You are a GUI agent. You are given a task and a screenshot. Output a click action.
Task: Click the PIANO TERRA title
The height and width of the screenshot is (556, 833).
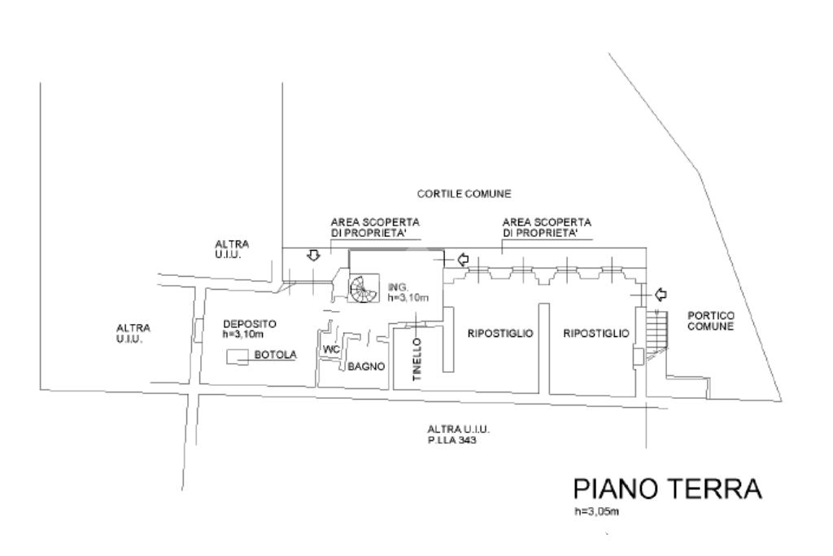[x=668, y=488]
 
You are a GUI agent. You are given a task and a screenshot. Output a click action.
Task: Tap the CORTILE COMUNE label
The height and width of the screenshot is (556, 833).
[x=464, y=194]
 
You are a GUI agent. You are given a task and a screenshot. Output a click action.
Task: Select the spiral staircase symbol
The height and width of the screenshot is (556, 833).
[x=364, y=289]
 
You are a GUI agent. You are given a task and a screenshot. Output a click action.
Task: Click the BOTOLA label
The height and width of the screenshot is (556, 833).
[x=275, y=355]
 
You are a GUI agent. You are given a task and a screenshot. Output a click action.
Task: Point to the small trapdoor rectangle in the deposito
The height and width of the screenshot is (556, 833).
[x=238, y=357]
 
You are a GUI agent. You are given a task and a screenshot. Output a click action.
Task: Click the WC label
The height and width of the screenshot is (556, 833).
[x=331, y=350]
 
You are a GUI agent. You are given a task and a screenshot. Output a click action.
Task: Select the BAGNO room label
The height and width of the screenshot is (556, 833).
[x=366, y=367]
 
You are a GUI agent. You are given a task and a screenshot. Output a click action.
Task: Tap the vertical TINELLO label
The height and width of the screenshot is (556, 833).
[x=416, y=359]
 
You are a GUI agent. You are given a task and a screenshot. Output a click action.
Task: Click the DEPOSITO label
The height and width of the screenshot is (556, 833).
[x=249, y=329]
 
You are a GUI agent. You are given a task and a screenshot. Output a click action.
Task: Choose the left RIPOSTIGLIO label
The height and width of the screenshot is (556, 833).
[x=500, y=333]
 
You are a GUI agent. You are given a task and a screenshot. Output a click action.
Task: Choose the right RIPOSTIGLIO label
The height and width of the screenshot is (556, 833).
[x=596, y=333]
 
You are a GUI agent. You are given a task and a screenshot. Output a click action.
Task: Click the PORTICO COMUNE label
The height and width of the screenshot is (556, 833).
[x=710, y=321]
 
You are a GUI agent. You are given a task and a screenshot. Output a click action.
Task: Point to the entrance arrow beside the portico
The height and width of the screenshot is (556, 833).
[x=661, y=293]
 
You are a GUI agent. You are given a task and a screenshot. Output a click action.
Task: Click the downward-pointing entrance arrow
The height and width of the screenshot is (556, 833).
[x=314, y=256]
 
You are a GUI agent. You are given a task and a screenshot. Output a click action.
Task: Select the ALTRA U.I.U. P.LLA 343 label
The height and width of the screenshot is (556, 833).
[x=459, y=434]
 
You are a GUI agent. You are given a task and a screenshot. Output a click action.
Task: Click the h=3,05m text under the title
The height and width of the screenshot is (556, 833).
[x=596, y=512]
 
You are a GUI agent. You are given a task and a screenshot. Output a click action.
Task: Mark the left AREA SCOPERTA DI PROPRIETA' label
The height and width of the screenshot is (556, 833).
[x=375, y=227]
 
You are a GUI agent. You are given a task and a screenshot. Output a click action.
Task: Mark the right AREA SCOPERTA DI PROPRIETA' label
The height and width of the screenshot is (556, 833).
[x=547, y=227]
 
